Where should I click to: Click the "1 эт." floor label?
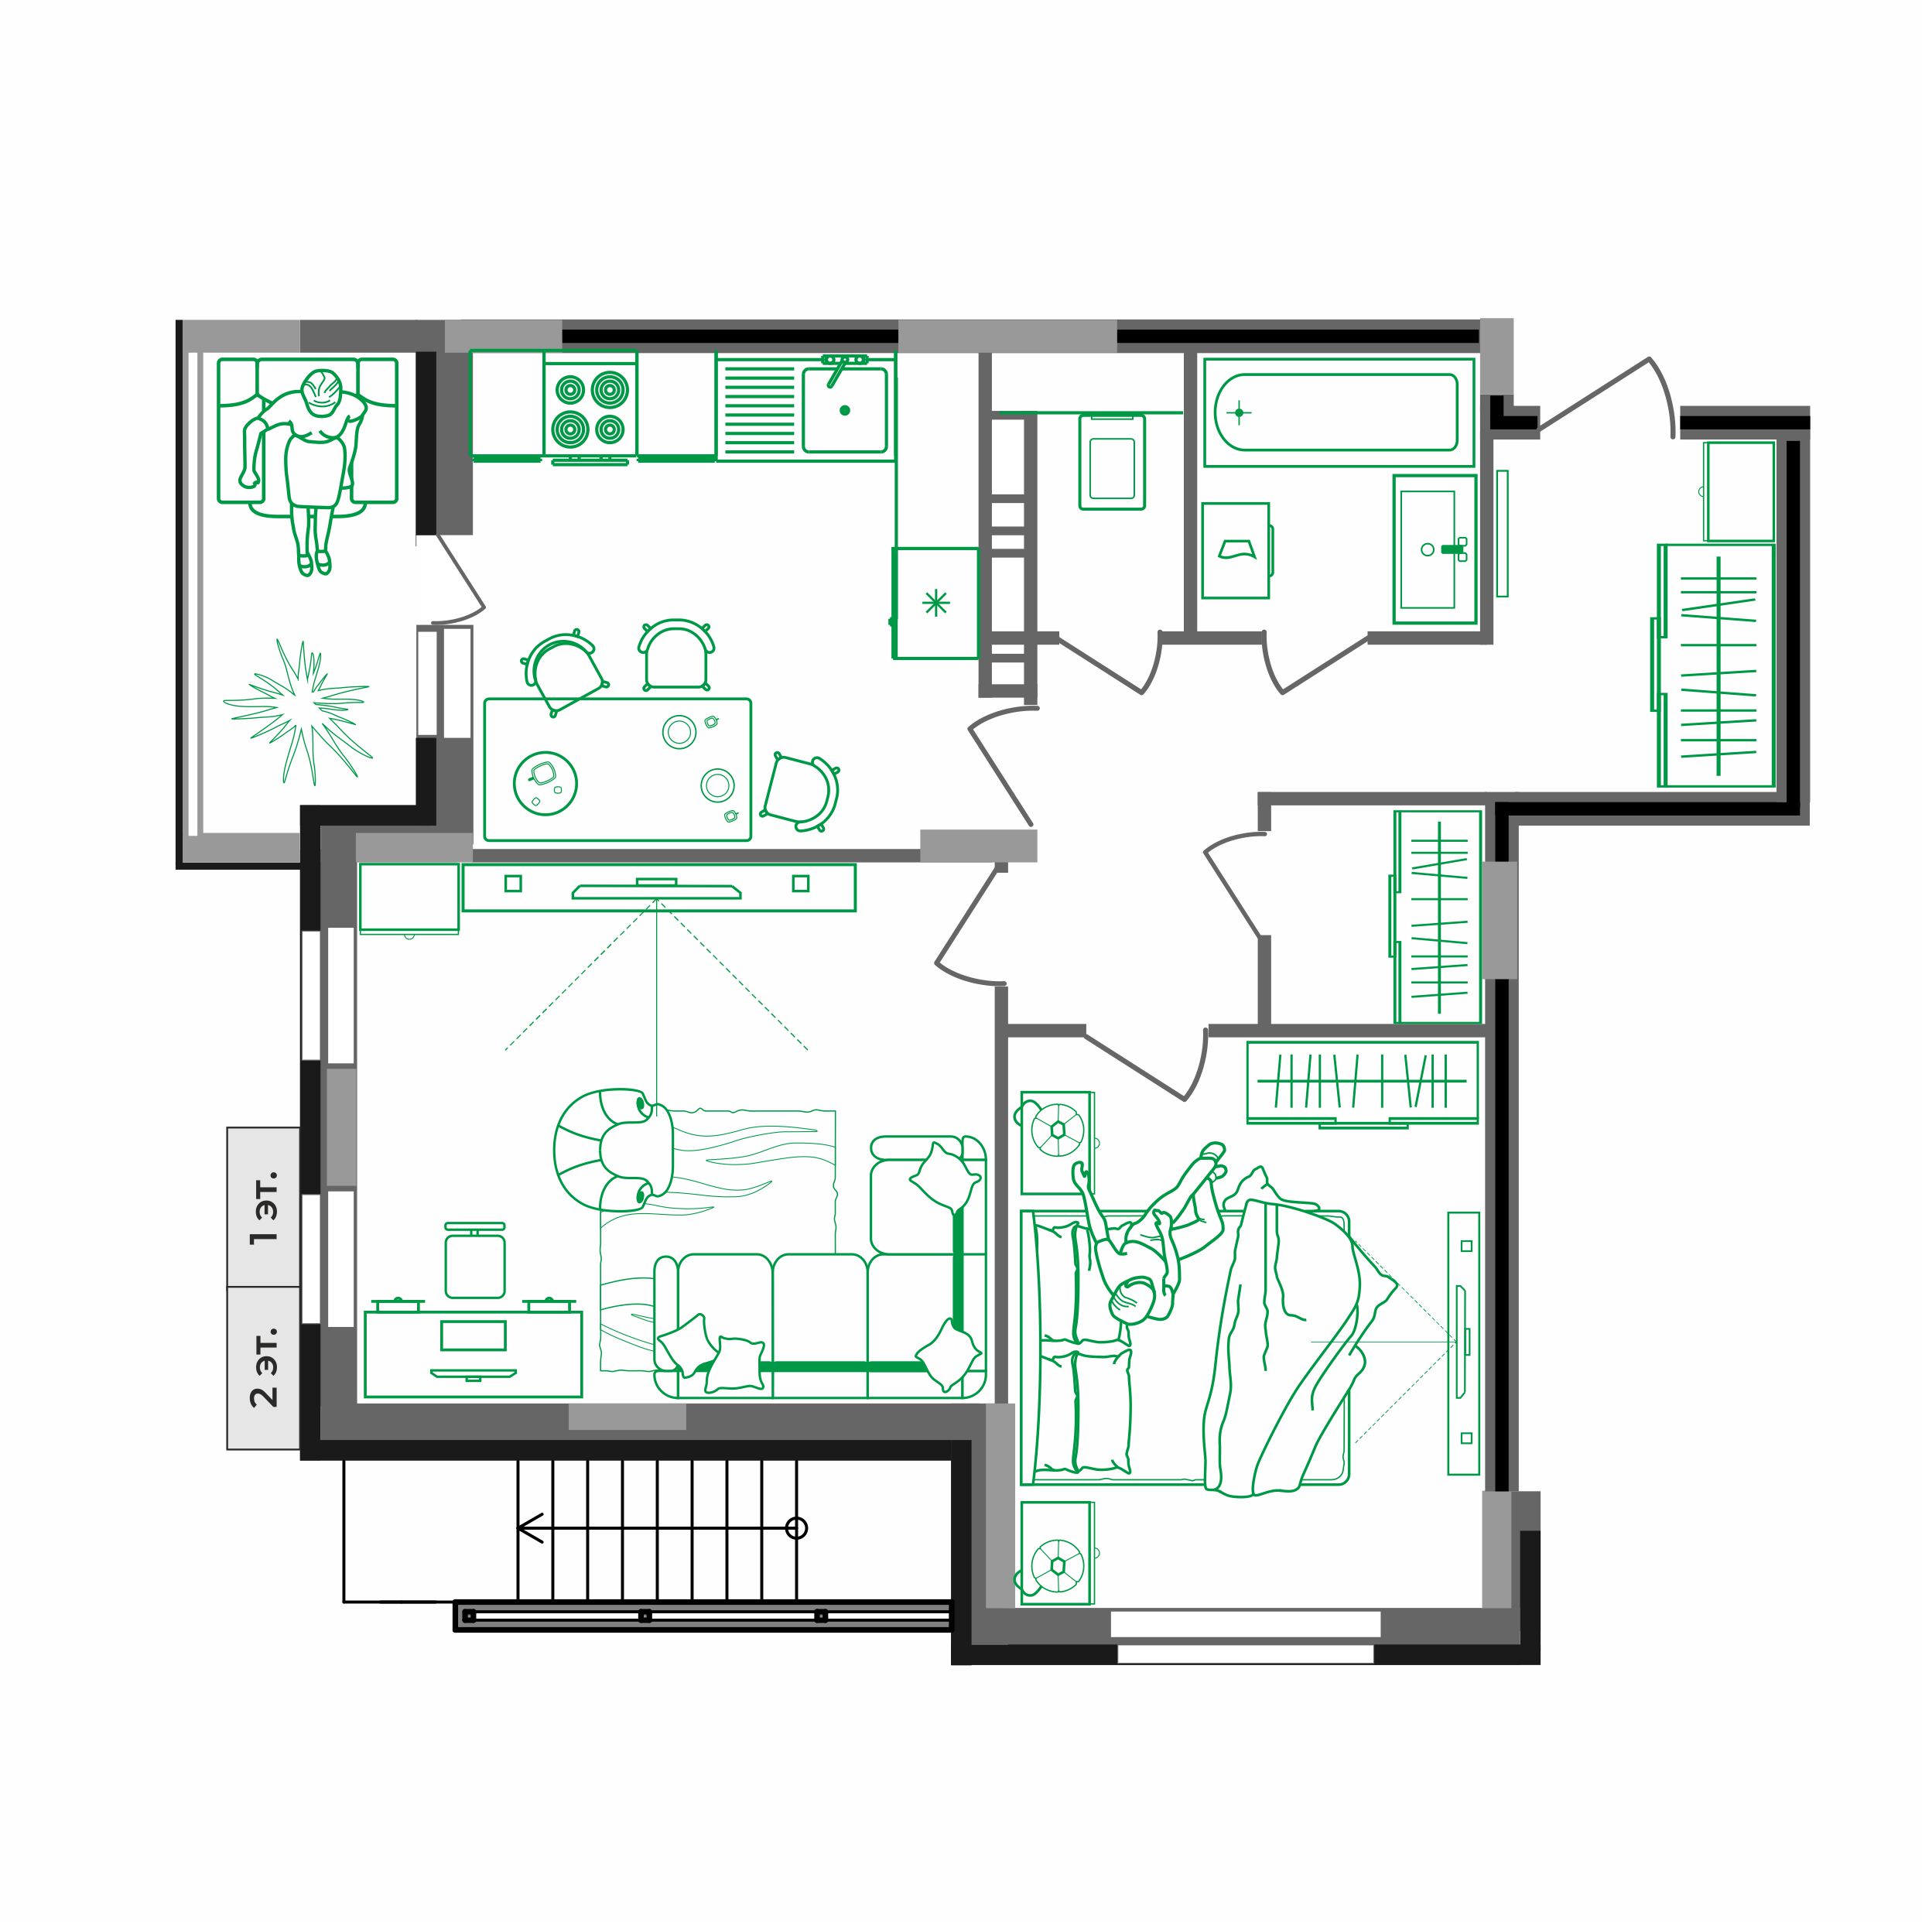(x=264, y=1208)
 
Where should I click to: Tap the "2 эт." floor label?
(x=264, y=1367)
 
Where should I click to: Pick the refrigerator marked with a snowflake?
(x=935, y=603)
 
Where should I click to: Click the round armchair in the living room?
(x=602, y=1150)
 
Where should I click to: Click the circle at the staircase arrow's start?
(x=796, y=1528)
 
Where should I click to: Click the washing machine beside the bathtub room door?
(x=1236, y=550)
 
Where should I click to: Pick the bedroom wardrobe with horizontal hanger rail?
(x=1361, y=1082)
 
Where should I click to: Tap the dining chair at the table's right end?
(x=802, y=791)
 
